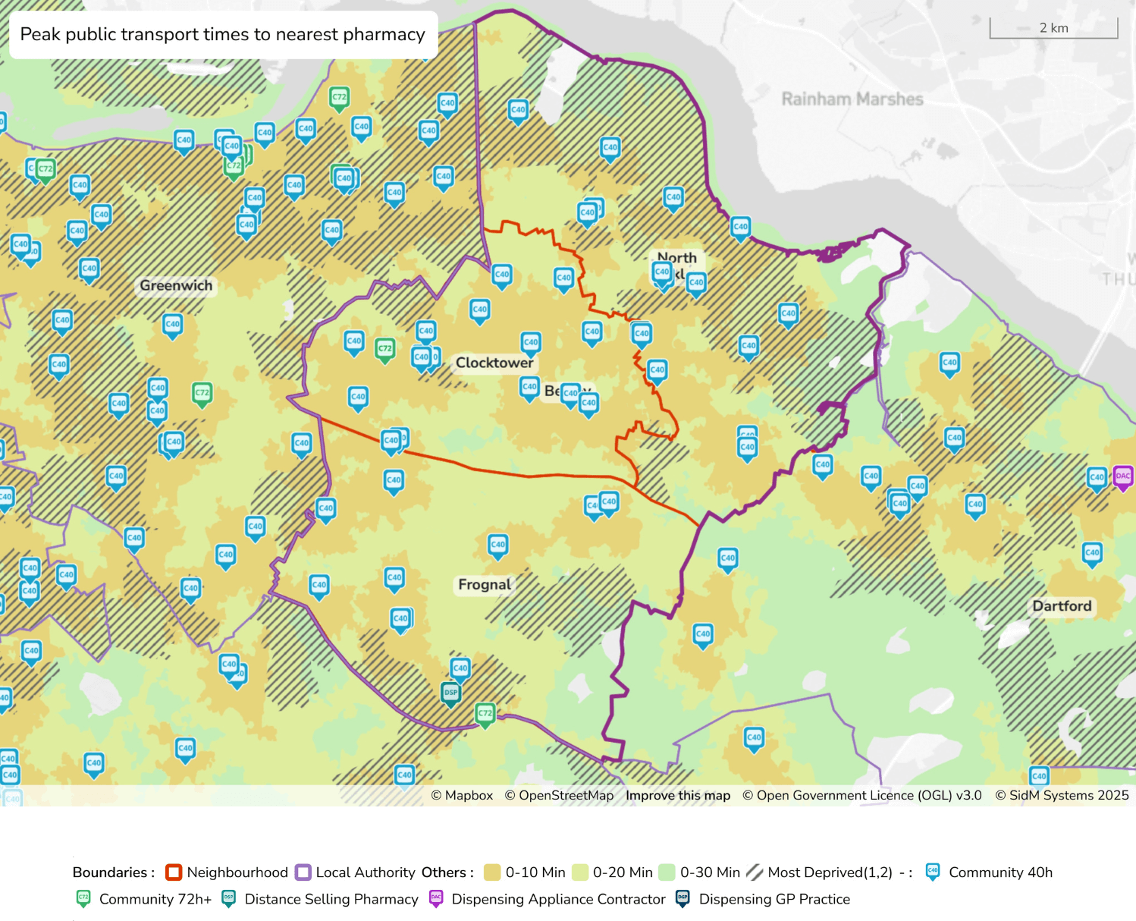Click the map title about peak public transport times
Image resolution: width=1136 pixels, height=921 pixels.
222,34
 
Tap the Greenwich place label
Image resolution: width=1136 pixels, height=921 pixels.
176,285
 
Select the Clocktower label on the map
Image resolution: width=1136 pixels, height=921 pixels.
494,363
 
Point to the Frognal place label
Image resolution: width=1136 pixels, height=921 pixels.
485,584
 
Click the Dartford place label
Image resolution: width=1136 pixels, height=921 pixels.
1062,605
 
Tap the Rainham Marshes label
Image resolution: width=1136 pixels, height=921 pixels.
852,99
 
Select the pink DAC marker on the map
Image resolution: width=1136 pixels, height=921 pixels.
1123,476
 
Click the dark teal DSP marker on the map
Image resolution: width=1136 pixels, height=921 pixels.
450,693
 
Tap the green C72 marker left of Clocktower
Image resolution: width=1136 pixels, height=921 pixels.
385,349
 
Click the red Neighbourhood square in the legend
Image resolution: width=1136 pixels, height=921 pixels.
174,872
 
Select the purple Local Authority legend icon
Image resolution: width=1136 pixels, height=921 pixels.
303,872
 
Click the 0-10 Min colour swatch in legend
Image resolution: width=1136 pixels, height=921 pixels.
492,872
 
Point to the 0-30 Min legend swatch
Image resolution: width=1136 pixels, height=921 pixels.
667,872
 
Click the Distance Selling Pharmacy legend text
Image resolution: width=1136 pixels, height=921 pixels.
331,899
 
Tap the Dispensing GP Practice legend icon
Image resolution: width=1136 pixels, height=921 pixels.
683,899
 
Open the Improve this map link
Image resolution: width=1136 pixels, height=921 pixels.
677,795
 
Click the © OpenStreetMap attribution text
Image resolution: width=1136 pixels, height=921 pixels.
559,795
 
